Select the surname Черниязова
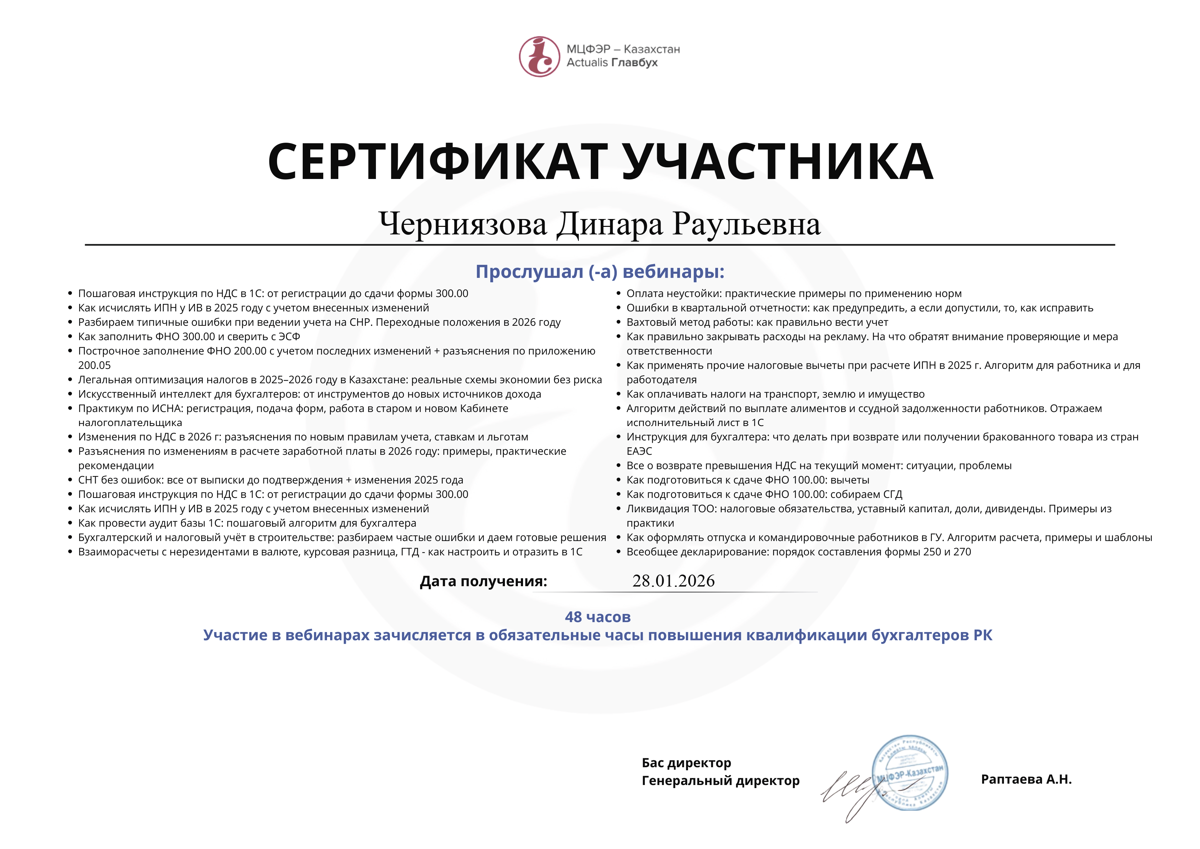(462, 224)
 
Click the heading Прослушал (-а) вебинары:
(599, 272)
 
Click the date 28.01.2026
(673, 581)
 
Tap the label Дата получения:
(483, 581)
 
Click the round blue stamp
(910, 773)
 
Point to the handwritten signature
(849, 792)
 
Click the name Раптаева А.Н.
(1026, 780)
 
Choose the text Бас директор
(686, 763)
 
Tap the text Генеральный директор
(720, 781)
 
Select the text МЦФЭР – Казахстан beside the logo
(623, 49)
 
